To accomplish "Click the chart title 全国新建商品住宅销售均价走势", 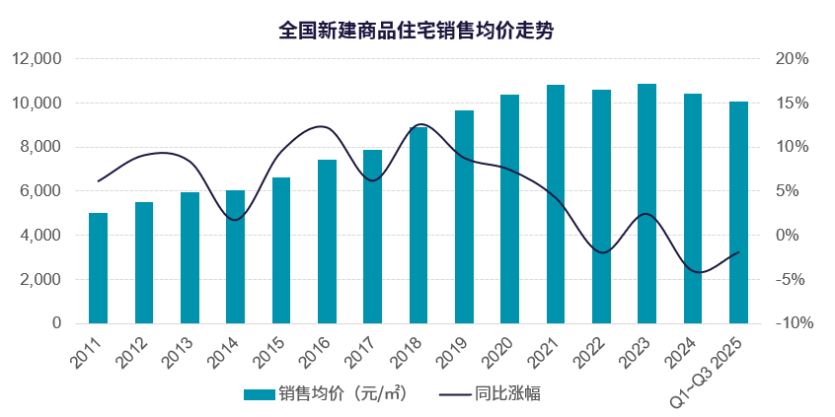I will [417, 31].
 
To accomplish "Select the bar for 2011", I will [98, 268].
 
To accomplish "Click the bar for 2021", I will [556, 204].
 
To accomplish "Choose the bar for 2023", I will [646, 203].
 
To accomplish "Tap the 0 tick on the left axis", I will [57, 323].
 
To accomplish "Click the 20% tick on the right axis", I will [793, 59].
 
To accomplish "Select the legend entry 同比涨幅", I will [507, 393].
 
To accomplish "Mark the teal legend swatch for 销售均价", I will [259, 394].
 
